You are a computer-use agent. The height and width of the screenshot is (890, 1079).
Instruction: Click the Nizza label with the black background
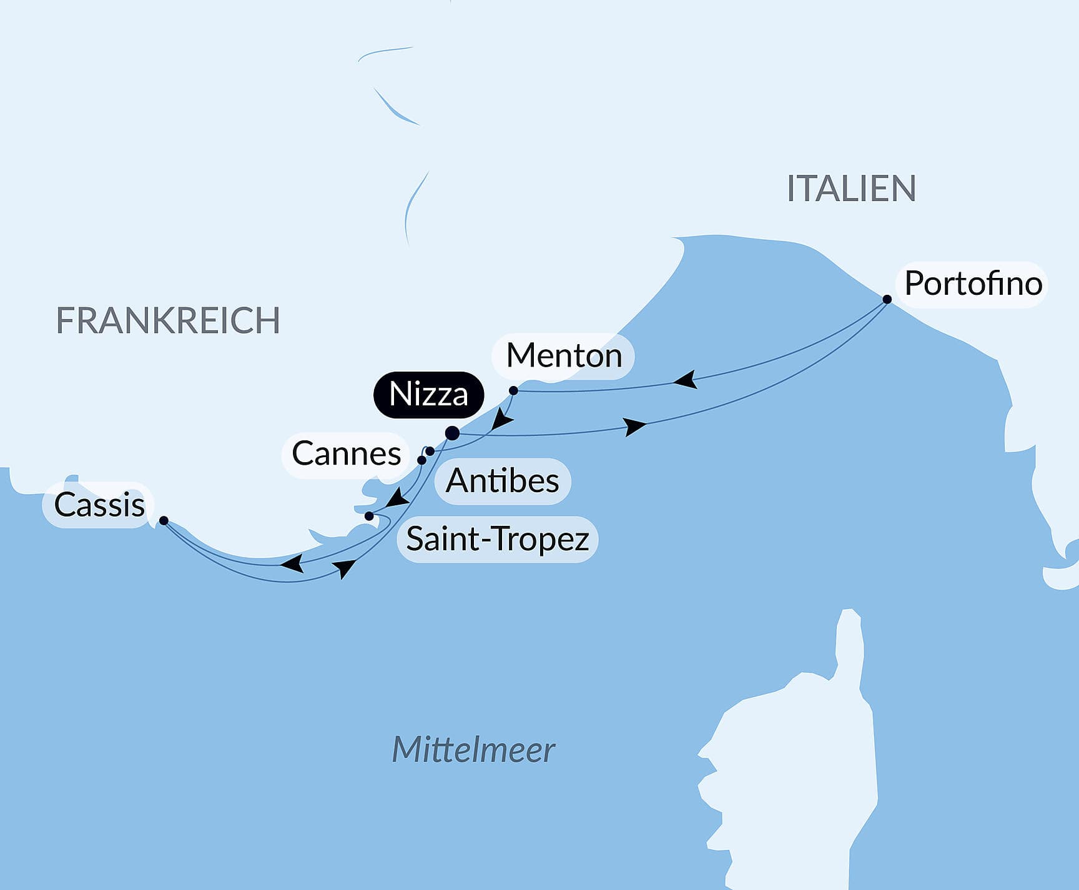[x=428, y=395]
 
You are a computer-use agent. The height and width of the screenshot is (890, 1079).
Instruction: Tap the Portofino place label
[x=972, y=284]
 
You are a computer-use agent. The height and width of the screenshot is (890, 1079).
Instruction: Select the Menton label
[x=563, y=356]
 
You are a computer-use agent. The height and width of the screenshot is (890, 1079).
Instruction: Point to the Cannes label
[x=346, y=454]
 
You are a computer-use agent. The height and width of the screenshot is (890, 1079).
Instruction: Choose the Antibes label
[x=502, y=481]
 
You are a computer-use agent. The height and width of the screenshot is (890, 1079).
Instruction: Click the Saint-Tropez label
[x=497, y=539]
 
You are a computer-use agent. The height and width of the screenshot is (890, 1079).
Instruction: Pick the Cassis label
[x=99, y=505]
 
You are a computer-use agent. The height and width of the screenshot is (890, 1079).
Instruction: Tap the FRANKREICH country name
[x=167, y=320]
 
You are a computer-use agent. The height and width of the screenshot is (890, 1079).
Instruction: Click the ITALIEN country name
[x=850, y=189]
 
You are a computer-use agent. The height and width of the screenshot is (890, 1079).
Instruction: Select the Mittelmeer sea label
[x=473, y=749]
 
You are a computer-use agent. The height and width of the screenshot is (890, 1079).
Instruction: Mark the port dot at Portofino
[x=887, y=299]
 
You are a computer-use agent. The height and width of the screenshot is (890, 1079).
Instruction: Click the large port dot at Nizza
[x=453, y=433]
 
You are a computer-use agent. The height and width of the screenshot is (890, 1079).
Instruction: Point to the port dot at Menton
[x=513, y=391]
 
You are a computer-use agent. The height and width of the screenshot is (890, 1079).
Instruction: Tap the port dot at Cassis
[x=164, y=520]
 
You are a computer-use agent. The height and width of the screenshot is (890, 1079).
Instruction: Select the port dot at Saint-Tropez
[x=369, y=516]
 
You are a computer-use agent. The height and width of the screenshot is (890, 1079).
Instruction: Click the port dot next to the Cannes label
[x=421, y=460]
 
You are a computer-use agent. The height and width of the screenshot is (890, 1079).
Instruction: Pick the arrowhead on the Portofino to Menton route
[x=686, y=379]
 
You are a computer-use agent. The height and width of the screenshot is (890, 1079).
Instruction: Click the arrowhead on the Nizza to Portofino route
[x=635, y=427]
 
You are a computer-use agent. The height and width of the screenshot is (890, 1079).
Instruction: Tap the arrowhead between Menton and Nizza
[x=501, y=420]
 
